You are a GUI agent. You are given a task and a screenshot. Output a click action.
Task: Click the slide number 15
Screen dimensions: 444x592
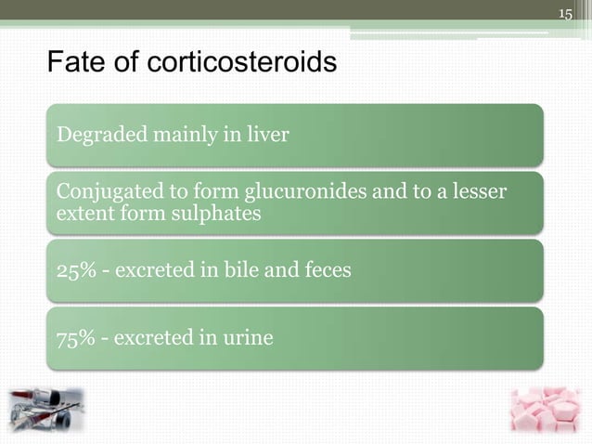pyautogui.click(x=565, y=12)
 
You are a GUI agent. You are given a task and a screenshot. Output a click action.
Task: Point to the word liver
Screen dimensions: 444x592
pyautogui.click(x=269, y=136)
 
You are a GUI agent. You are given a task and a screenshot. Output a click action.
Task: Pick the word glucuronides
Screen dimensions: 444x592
pyautogui.click(x=303, y=192)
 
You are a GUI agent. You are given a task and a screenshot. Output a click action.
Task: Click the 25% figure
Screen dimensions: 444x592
pyautogui.click(x=75, y=270)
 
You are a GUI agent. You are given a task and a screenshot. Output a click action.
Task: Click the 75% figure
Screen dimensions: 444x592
pyautogui.click(x=75, y=337)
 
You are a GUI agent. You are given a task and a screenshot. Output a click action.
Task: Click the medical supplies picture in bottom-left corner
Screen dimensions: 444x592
pyautogui.click(x=46, y=410)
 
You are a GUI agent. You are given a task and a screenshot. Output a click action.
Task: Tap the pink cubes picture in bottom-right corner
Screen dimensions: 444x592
pyautogui.click(x=545, y=410)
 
